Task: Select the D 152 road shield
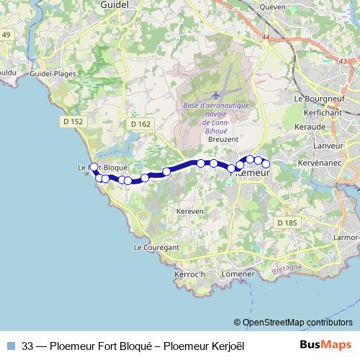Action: tap(73, 122)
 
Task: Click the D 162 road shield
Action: tap(141, 124)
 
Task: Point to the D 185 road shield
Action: tap(287, 223)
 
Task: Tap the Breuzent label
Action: tap(222, 140)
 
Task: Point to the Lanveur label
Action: tap(325, 145)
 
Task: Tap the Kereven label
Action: tap(189, 212)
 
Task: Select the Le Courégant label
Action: tap(156, 247)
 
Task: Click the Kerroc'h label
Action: tap(190, 274)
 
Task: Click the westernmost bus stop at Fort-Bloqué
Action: tap(94, 168)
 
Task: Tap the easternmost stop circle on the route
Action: tap(266, 163)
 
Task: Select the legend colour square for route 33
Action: tap(12, 346)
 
